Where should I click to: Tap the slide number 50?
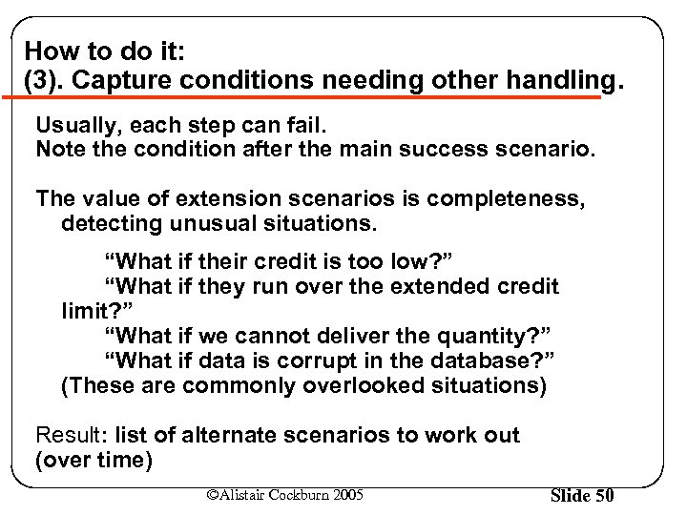pyautogui.click(x=603, y=496)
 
